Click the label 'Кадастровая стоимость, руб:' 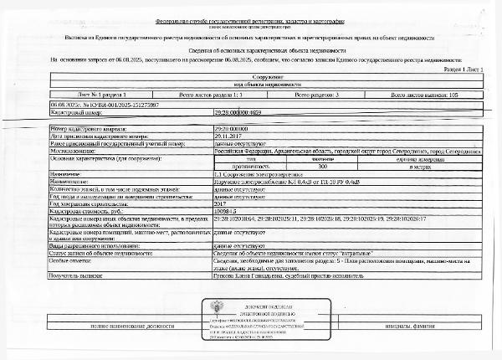tap(83, 210)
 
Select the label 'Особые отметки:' tap(69, 260)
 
